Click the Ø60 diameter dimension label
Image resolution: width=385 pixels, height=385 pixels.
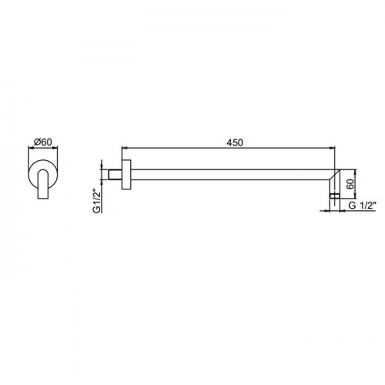pos(43,142)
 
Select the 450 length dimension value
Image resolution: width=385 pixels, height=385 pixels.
pos(235,142)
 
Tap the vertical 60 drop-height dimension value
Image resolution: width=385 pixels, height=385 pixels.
pos(350,184)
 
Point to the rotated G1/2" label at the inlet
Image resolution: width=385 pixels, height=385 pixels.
pos(96,201)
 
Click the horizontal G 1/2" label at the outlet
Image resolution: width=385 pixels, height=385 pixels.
pos(363,206)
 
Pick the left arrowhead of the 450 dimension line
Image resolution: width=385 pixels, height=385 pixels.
pos(125,148)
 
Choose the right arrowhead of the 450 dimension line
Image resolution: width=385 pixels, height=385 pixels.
pos(332,148)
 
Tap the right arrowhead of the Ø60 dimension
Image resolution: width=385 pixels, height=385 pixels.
pos(55,147)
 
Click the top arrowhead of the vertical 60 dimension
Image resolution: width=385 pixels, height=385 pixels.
pos(356,172)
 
